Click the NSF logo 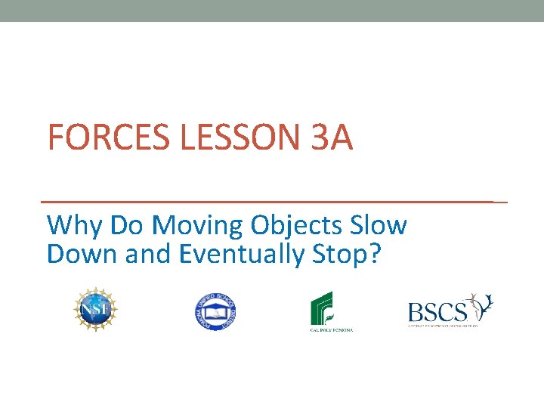coord(96,309)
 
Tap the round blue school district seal coord(216,311)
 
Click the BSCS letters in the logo coord(436,311)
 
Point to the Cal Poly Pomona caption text coord(331,329)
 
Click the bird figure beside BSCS coord(481,305)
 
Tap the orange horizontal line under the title coord(272,202)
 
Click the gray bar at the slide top coord(272,11)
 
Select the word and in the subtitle coord(150,255)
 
